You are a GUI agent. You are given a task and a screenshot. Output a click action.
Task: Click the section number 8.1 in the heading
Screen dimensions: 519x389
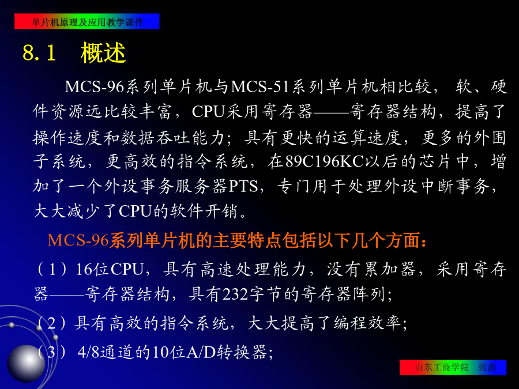click(x=39, y=52)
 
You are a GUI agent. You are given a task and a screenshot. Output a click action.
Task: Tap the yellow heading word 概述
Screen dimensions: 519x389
click(x=103, y=52)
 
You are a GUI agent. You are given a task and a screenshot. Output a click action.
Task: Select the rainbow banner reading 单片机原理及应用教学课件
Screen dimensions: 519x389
click(x=87, y=21)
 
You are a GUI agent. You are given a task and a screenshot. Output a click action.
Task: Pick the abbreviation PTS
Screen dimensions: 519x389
click(x=243, y=186)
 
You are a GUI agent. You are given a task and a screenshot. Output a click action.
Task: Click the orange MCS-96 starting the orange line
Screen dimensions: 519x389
click(x=78, y=240)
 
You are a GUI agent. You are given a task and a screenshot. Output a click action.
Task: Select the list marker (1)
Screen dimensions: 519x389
click(x=52, y=269)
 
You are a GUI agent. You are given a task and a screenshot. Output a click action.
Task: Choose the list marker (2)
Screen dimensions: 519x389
click(x=52, y=323)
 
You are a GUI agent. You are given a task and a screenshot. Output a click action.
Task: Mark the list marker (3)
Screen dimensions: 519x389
click(x=52, y=352)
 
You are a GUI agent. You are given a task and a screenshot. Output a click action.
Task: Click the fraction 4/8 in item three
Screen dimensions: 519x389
click(x=88, y=352)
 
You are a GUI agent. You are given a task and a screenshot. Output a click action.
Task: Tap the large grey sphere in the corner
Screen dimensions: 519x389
click(x=26, y=363)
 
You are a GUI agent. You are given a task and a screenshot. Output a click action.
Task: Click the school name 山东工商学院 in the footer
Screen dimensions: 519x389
click(x=442, y=367)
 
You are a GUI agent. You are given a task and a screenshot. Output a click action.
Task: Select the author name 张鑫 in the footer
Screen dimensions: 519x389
click(x=487, y=367)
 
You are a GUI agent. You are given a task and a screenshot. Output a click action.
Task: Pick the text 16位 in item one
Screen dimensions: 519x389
click(x=92, y=269)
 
